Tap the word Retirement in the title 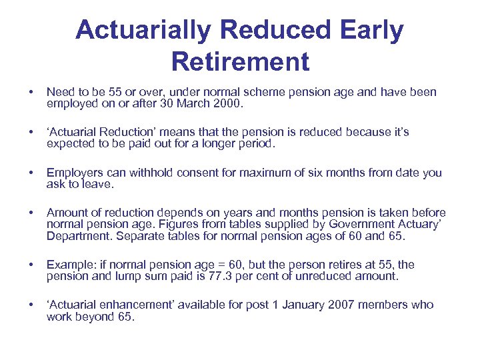(240, 61)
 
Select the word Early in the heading (371, 30)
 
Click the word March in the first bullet (190, 104)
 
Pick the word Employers (74, 173)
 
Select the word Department (75, 237)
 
